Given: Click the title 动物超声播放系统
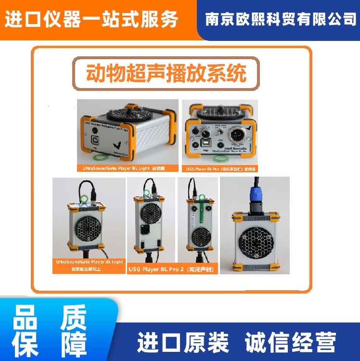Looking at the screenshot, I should click(166, 74).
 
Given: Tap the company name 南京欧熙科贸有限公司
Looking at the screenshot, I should click(281, 19).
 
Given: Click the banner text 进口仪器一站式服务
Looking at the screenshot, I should click(91, 19).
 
